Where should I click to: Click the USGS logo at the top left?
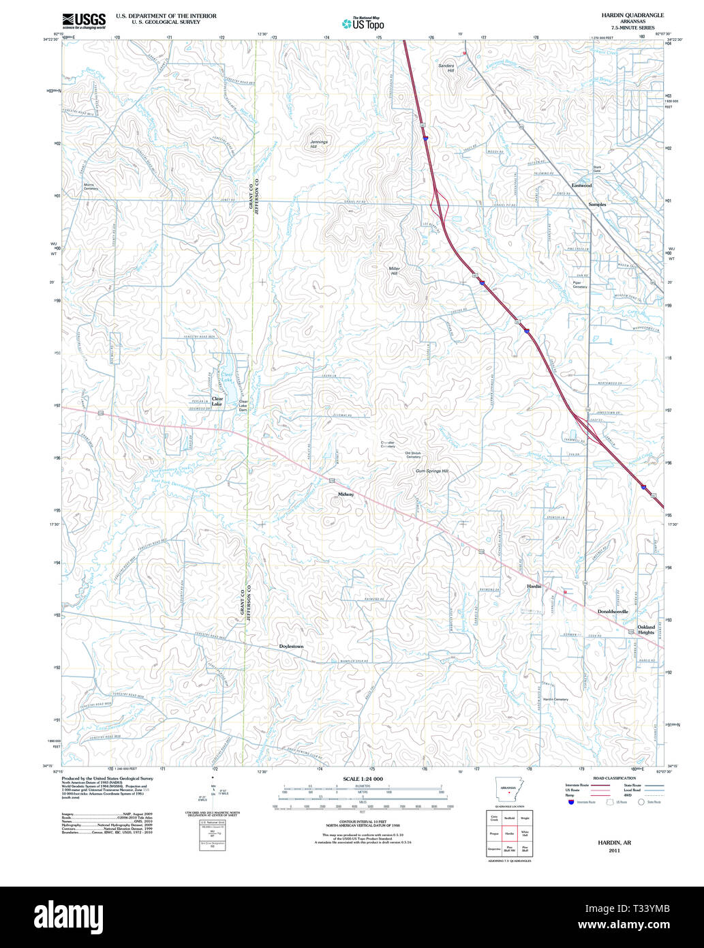[84, 20]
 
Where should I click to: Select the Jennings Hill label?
[318, 144]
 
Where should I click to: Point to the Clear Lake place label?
[217, 401]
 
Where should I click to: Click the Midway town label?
[346, 494]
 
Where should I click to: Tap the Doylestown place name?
[291, 645]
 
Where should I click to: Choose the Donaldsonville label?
[613, 612]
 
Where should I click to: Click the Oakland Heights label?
[645, 629]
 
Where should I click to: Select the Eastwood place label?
[581, 186]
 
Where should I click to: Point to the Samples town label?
[597, 204]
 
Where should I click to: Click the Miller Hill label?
[394, 271]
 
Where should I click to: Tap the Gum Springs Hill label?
[432, 471]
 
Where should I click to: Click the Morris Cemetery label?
[91, 186]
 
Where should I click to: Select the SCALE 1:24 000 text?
[363, 779]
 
